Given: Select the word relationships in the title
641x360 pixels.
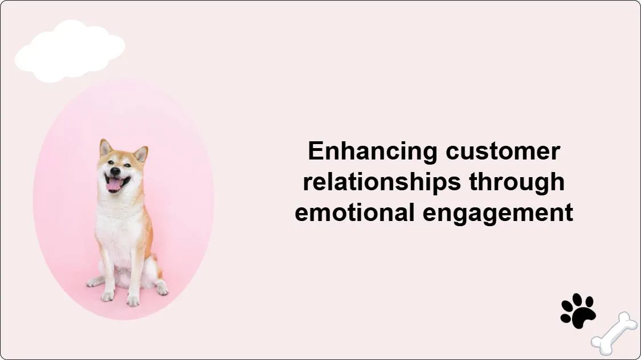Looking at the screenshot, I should click(382, 182).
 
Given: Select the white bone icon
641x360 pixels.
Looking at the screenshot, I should click(614, 333).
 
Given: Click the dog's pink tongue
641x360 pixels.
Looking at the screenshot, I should click(115, 184).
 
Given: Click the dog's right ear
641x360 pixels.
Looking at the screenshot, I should click(140, 154).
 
